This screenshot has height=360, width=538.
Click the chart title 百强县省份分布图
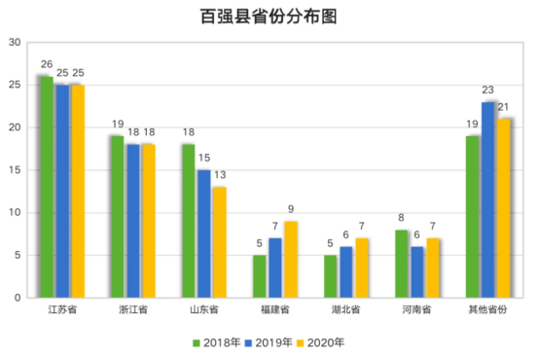pyautogui.click(x=269, y=17)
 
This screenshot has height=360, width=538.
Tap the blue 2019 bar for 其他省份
pyautogui.click(x=488, y=199)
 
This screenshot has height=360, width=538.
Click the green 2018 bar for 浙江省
pyautogui.click(x=117, y=216)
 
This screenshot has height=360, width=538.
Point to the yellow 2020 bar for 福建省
pyautogui.click(x=290, y=259)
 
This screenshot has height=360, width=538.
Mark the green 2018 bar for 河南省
pyautogui.click(x=402, y=264)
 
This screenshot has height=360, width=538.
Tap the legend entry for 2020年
pyautogui.click(x=320, y=342)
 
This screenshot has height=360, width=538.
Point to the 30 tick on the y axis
pyautogui.click(x=15, y=43)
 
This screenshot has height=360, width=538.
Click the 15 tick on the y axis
pyautogui.click(x=15, y=170)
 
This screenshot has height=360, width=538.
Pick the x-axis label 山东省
pyautogui.click(x=204, y=310)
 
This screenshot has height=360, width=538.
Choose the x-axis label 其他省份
pyautogui.click(x=488, y=310)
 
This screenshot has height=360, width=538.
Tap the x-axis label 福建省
pyautogui.click(x=275, y=310)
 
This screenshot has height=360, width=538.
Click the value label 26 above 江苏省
pyautogui.click(x=46, y=64)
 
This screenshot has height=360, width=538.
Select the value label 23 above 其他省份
pyautogui.click(x=488, y=90)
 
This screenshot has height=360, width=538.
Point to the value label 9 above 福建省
pyautogui.click(x=290, y=209)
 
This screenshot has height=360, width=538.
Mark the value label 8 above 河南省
pyautogui.click(x=402, y=218)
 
